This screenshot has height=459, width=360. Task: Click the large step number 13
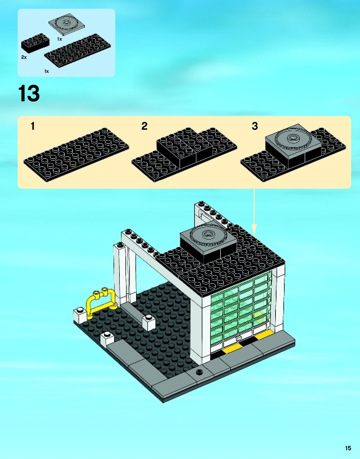tap(29, 93)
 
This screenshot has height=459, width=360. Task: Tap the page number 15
tap(348, 448)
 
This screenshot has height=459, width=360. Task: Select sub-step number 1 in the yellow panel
tap(33, 126)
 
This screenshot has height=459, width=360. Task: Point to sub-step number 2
tap(144, 126)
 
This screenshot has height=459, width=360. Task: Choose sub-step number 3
tap(255, 126)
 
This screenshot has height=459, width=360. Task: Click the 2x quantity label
tap(24, 57)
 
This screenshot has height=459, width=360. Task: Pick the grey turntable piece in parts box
tap(66, 23)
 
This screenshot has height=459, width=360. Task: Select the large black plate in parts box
tap(78, 50)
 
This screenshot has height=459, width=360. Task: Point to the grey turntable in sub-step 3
tap(293, 139)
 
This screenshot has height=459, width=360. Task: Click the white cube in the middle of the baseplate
tap(149, 323)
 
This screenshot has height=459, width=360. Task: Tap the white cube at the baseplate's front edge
tap(107, 340)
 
